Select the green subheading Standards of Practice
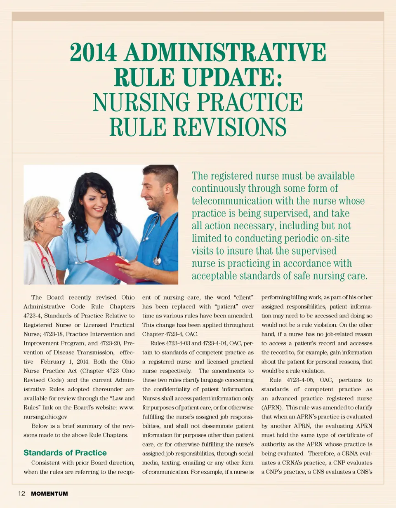[x=65, y=453]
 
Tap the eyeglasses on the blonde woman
[x=53, y=216]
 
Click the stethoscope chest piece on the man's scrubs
[x=157, y=261]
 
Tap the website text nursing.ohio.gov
[x=45, y=417]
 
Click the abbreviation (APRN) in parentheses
[x=271, y=408]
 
